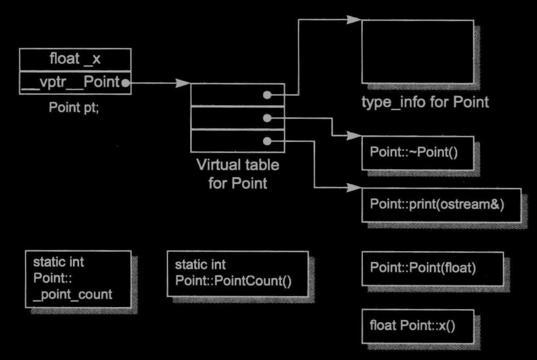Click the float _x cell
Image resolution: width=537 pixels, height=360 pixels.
click(x=75, y=60)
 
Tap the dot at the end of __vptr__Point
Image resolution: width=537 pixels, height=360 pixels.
click(x=125, y=84)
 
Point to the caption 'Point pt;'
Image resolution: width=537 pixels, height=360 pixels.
click(x=74, y=108)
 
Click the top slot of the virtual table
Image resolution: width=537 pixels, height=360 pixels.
click(x=238, y=95)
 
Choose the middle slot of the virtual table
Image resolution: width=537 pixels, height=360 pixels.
click(x=238, y=118)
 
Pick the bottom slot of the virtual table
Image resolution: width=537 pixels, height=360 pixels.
click(x=238, y=141)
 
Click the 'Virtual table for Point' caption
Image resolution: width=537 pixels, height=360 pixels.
click(x=238, y=173)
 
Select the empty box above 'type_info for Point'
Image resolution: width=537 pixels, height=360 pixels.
click(x=417, y=51)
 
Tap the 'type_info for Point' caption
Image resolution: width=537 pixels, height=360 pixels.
click(x=425, y=102)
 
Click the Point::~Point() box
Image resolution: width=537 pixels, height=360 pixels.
click(x=417, y=153)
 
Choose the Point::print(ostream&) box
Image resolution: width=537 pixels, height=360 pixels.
click(x=440, y=205)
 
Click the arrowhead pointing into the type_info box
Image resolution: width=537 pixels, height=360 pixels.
click(x=354, y=20)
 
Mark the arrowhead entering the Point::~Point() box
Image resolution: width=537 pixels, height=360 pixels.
click(x=354, y=136)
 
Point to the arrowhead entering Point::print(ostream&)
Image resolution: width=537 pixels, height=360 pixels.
click(x=354, y=189)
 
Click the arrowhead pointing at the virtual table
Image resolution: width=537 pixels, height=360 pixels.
click(x=184, y=84)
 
